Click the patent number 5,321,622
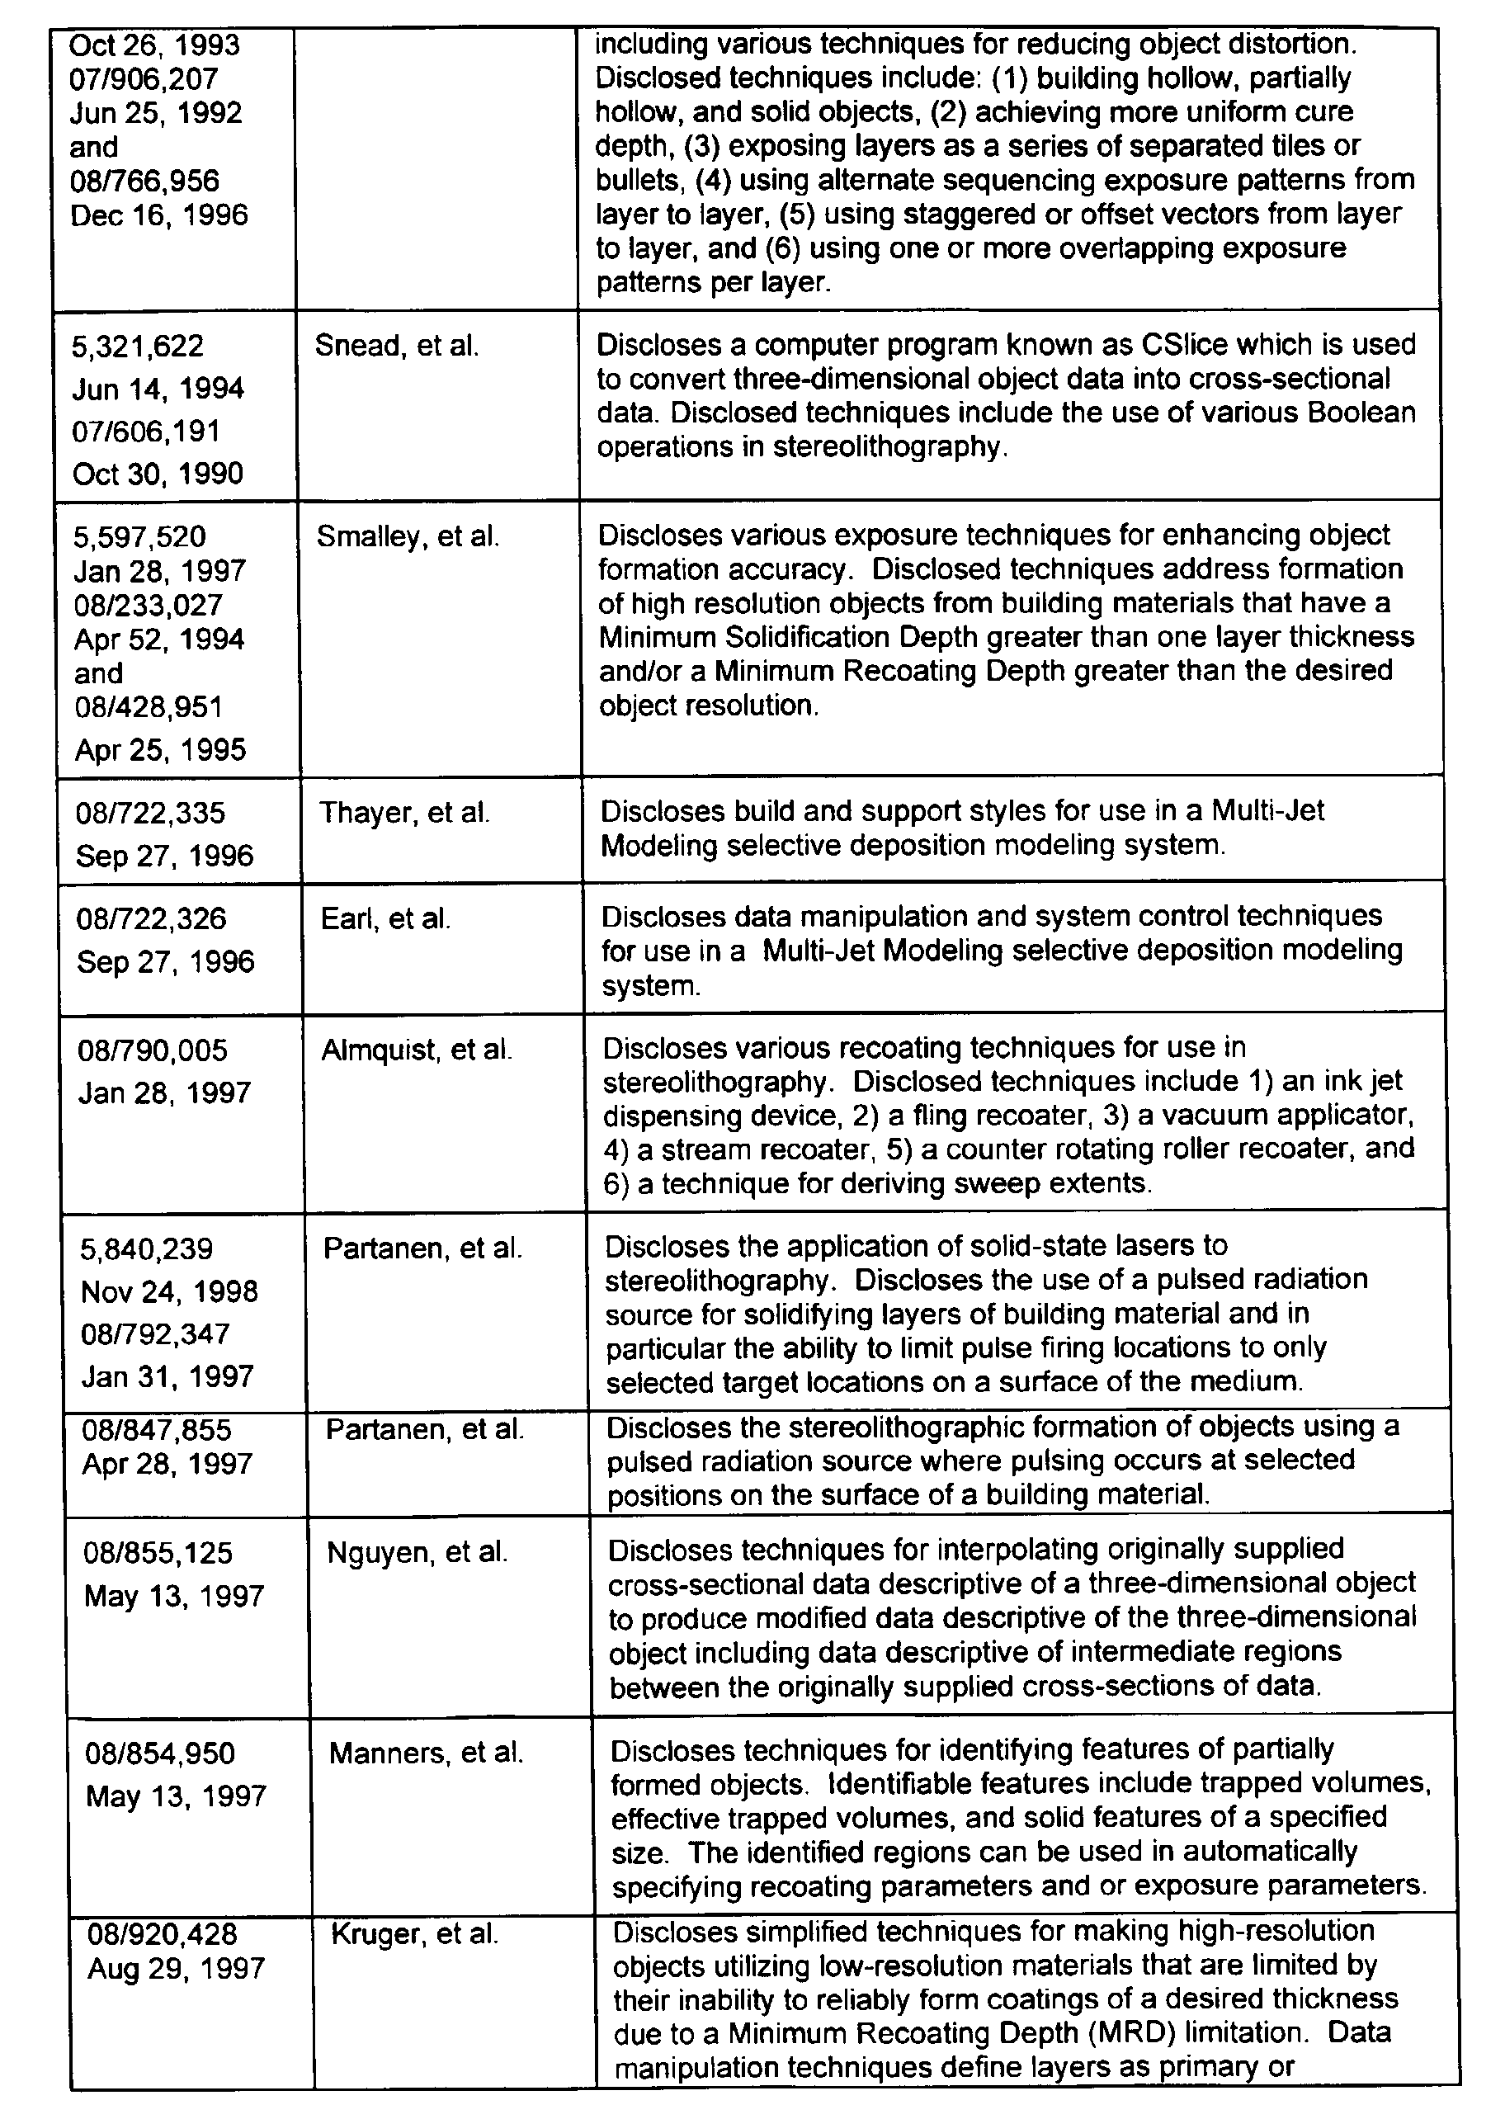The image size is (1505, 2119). point(138,347)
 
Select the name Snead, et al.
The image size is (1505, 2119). point(397,346)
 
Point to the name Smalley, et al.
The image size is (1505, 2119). point(408,536)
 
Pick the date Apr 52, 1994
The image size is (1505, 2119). point(159,639)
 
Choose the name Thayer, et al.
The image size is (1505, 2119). point(404,813)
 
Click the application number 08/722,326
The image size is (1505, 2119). point(151,918)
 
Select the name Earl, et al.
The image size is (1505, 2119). point(385,918)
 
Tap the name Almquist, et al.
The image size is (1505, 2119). point(416,1050)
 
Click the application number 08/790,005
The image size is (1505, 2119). point(153,1050)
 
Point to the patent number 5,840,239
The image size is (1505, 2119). point(146,1249)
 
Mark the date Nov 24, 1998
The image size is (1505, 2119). point(170,1291)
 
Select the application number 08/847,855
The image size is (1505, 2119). point(157,1430)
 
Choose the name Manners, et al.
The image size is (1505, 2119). point(427,1753)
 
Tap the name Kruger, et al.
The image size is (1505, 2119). point(414,1933)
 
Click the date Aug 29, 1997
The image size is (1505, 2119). point(176,1968)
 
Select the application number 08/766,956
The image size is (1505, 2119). point(144,181)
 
